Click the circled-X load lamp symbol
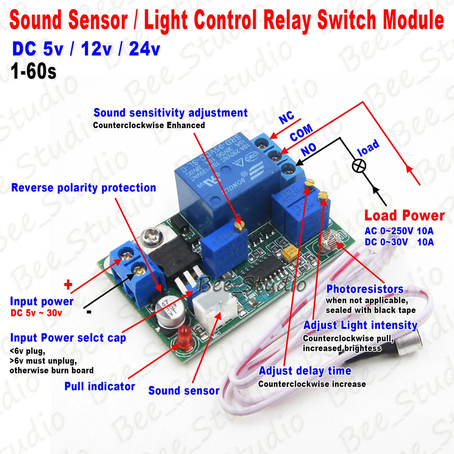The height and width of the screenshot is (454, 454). (359, 166)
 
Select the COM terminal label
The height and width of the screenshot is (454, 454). (301, 133)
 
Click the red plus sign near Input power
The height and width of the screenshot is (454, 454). (68, 284)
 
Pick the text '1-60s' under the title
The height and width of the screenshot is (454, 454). (33, 72)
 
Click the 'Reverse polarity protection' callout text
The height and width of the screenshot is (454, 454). (83, 188)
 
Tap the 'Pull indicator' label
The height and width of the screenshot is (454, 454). (100, 386)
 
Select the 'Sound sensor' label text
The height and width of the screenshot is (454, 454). (184, 391)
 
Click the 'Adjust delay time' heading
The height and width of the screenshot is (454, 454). (305, 371)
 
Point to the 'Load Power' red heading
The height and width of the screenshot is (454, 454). (404, 216)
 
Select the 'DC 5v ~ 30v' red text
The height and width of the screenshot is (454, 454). (36, 313)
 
